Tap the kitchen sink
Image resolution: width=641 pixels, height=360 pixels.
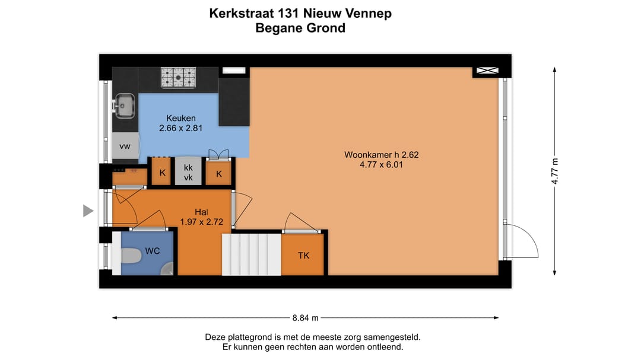pyautogui.click(x=124, y=106)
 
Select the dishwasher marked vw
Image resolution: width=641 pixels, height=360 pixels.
pyautogui.click(x=125, y=146)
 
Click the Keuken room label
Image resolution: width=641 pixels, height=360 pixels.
pyautogui.click(x=181, y=117)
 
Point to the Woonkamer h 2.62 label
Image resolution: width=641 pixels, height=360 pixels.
pyautogui.click(x=382, y=155)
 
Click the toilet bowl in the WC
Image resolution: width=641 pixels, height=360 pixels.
pyautogui.click(x=129, y=255)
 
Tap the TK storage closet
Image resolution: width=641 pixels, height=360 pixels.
pyautogui.click(x=303, y=256)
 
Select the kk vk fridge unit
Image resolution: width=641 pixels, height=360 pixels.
pyautogui.click(x=188, y=173)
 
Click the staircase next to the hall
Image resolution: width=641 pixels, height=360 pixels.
pyautogui.click(x=251, y=254)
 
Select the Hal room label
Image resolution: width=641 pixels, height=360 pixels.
pyautogui.click(x=201, y=212)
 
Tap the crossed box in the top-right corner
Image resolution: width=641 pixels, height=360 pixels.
pyautogui.click(x=486, y=72)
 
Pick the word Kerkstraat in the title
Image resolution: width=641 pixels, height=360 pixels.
pyautogui.click(x=243, y=13)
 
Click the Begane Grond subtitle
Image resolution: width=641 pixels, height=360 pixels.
pyautogui.click(x=300, y=28)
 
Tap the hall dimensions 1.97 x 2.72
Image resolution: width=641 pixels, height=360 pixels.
pyautogui.click(x=201, y=222)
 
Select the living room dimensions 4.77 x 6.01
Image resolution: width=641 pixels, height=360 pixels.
pyautogui.click(x=382, y=165)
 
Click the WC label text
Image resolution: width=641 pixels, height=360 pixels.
pyautogui.click(x=153, y=251)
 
